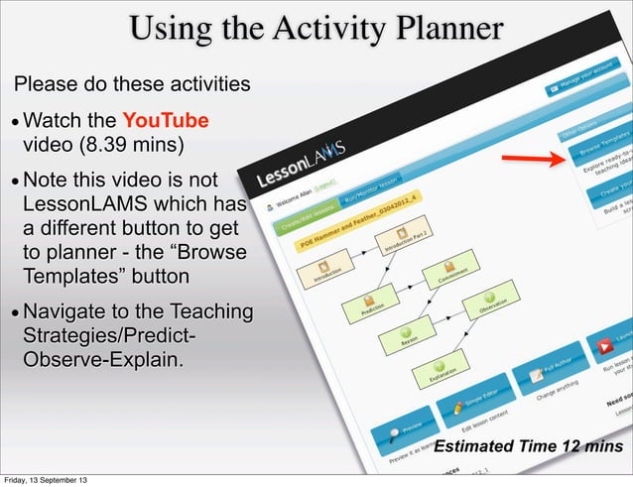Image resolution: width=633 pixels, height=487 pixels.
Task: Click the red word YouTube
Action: pos(171,121)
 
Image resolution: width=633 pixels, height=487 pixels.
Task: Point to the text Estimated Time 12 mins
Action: pos(528,446)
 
